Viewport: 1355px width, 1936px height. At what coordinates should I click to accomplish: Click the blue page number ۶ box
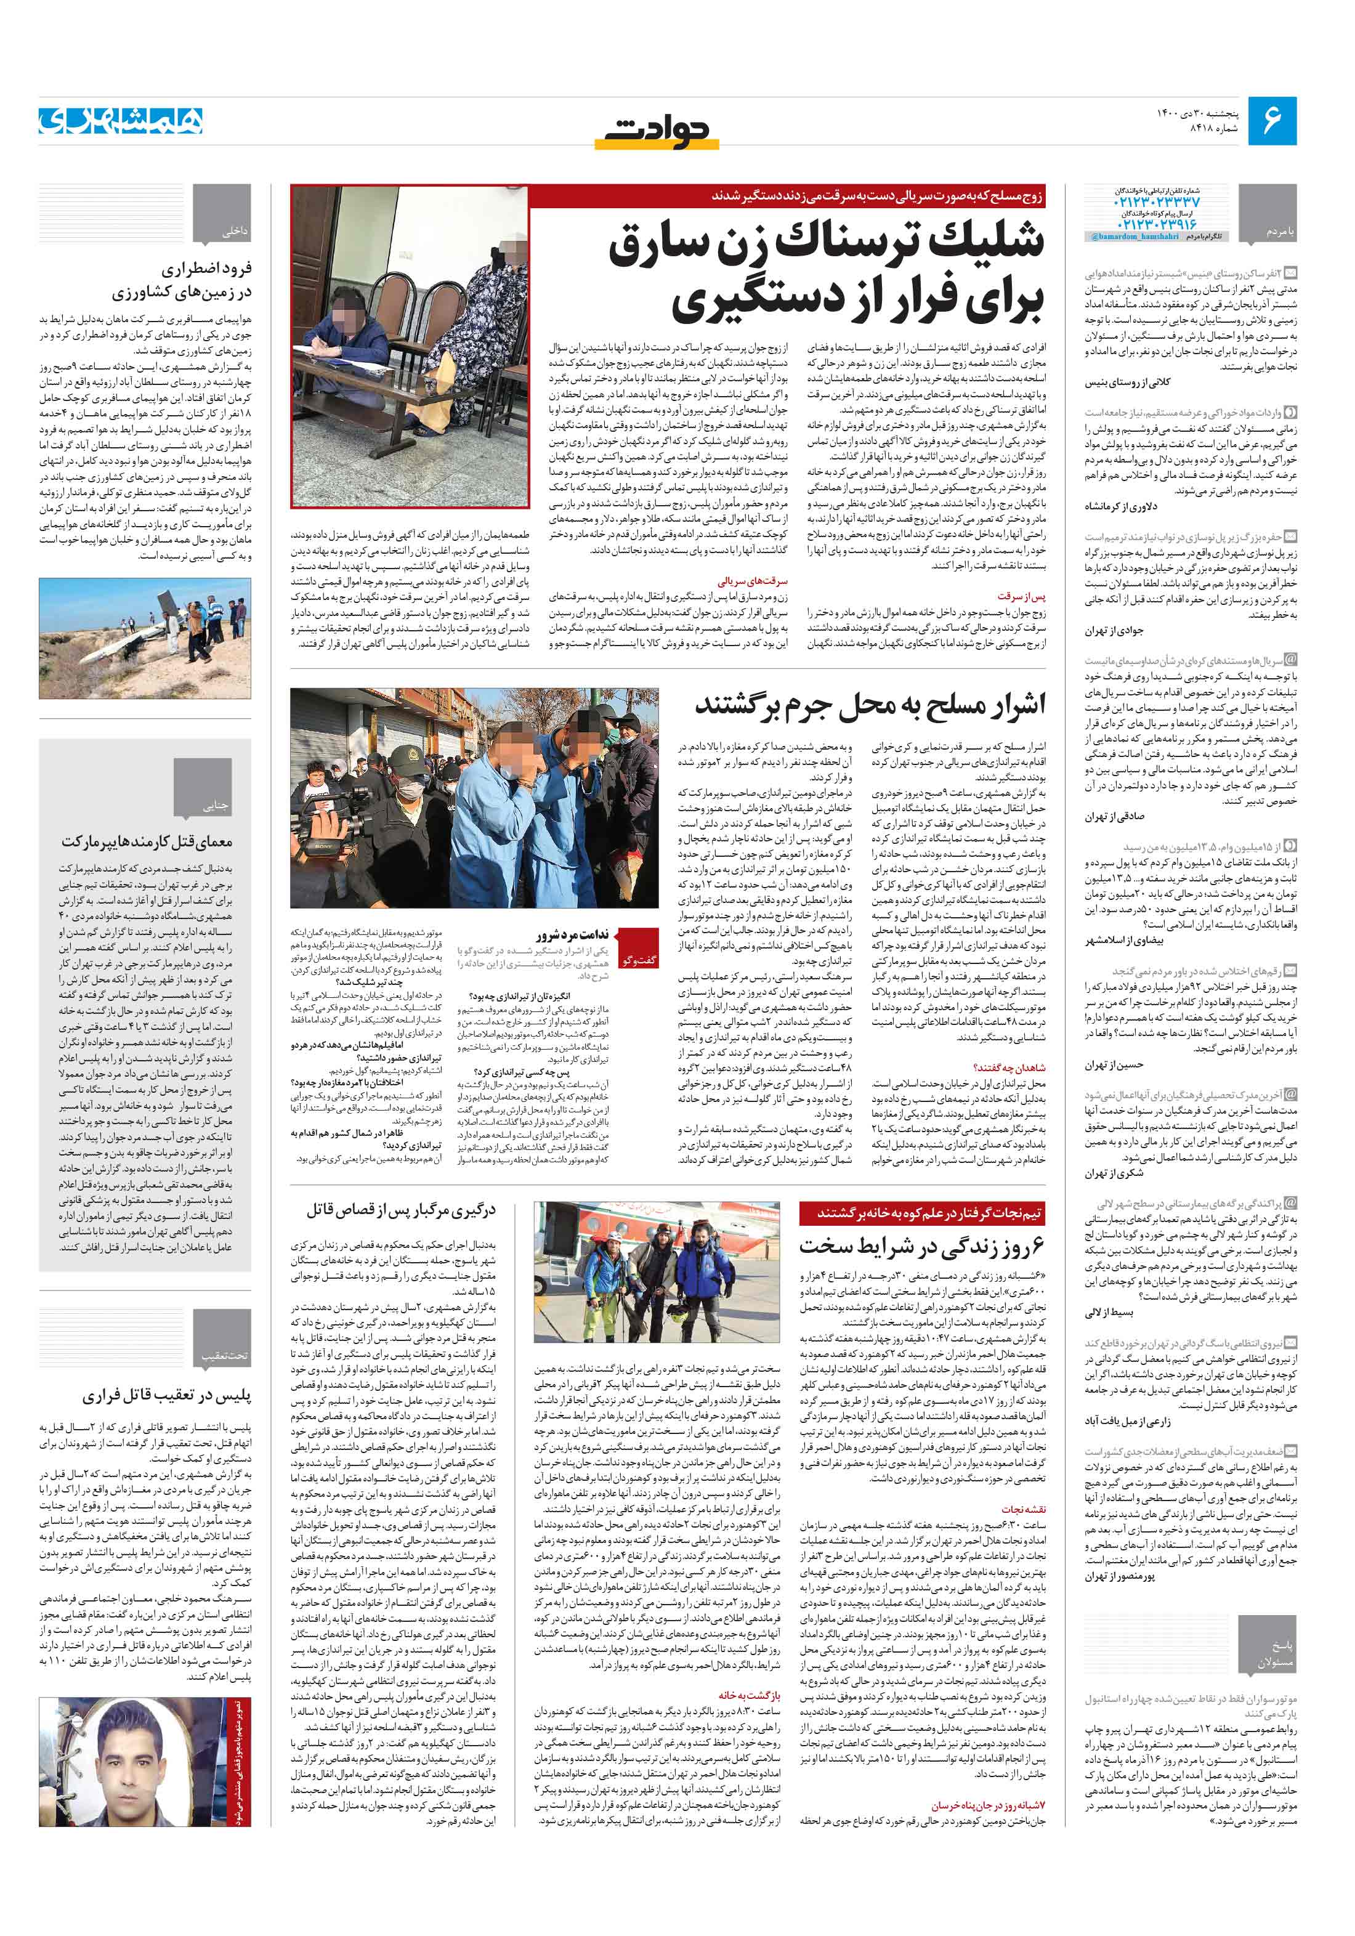click(1271, 121)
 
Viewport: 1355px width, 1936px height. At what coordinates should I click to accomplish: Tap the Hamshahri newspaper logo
click(121, 121)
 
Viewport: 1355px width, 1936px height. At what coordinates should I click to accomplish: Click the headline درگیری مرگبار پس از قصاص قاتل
click(400, 1210)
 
